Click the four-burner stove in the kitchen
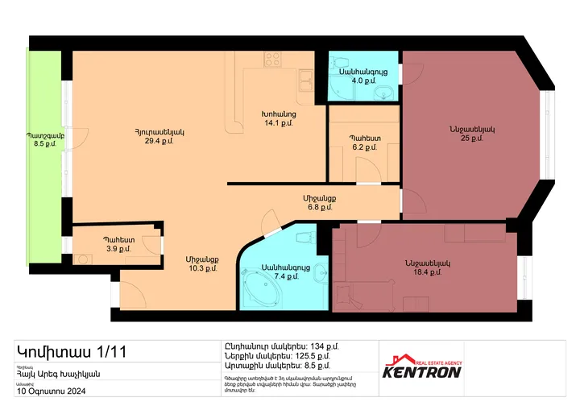[272, 59]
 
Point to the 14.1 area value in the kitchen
[280, 123]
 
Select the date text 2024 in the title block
[72, 391]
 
